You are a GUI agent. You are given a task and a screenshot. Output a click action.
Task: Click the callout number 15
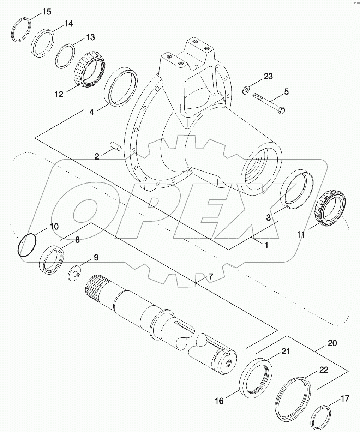[x=47, y=12]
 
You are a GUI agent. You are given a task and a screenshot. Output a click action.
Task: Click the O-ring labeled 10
[x=26, y=245]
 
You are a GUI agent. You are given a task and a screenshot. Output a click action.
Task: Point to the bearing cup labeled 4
[x=121, y=86]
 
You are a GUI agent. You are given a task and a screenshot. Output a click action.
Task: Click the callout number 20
[x=332, y=343]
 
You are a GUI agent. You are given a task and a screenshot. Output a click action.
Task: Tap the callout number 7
[x=210, y=277]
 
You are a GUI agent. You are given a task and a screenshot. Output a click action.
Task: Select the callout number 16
[x=219, y=401]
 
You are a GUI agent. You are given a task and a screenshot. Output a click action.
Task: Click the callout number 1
[x=266, y=245]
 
